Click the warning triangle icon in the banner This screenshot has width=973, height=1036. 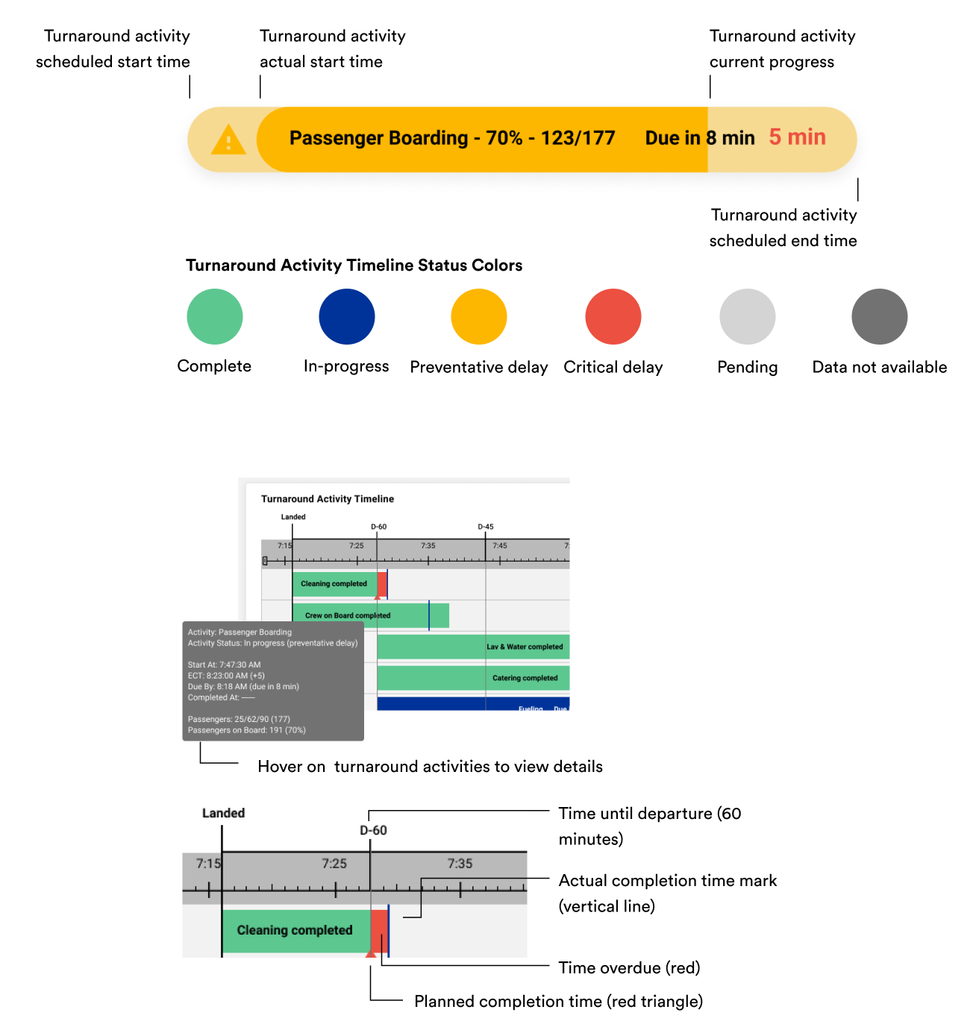coord(228,140)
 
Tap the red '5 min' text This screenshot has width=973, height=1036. coord(797,137)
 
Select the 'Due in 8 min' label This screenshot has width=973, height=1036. coord(699,138)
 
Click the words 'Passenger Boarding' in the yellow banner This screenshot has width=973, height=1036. coord(378,138)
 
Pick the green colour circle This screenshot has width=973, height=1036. coord(215,316)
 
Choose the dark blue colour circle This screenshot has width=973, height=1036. coord(347,316)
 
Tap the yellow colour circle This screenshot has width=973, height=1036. coord(479,316)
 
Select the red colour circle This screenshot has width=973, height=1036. coord(613,316)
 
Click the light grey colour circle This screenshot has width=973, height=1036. coord(747,316)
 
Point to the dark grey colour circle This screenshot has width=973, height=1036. coord(879,316)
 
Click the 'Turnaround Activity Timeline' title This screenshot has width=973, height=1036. coord(328,499)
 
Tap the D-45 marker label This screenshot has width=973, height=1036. coord(486,527)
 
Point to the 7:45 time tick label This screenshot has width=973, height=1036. coord(500,546)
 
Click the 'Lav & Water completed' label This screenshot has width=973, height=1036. coord(525,647)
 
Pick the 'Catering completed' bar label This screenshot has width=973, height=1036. coord(525,678)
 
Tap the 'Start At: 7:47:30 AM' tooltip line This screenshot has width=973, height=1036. coord(225,665)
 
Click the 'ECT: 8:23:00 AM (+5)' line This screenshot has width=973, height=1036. coord(226,676)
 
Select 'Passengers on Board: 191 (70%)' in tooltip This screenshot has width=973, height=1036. coord(247,730)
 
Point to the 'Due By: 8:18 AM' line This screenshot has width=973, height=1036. coord(243,686)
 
